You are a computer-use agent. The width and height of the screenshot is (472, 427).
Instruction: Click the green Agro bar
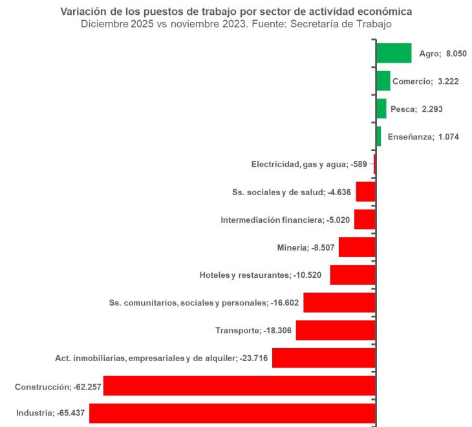(394, 53)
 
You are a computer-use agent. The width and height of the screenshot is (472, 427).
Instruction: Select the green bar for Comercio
(383, 81)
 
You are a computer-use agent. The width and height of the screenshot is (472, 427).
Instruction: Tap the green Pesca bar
(381, 109)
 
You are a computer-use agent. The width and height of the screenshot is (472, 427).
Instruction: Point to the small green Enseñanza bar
(378, 136)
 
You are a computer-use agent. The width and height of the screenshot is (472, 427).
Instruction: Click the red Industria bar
(232, 413)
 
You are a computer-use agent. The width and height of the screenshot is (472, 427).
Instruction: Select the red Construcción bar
(239, 386)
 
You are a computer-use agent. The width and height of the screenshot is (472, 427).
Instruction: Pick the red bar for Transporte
(336, 330)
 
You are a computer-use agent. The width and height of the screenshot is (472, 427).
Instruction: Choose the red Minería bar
(357, 247)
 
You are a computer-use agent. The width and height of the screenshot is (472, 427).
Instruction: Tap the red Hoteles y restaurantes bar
(352, 275)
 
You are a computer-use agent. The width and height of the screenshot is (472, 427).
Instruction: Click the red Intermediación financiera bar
(365, 220)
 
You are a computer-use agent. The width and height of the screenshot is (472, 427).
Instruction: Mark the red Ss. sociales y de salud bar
(365, 192)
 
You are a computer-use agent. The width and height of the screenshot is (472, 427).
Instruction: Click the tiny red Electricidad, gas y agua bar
(374, 164)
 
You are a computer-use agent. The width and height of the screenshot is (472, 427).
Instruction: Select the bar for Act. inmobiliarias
(323, 358)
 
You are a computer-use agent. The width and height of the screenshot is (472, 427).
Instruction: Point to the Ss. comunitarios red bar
(339, 302)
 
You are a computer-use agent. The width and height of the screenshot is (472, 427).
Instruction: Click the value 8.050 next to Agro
(458, 54)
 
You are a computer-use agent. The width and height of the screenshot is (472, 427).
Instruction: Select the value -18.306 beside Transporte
(277, 331)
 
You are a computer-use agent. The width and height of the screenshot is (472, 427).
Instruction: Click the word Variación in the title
(82, 12)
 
